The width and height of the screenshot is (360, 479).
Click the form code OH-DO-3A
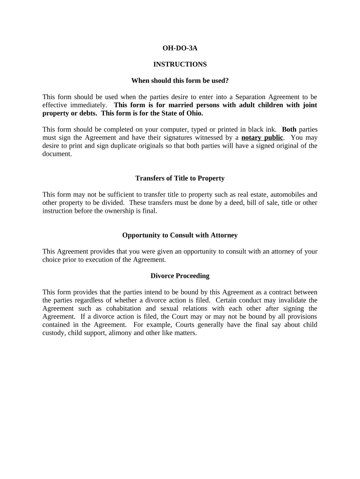click(x=180, y=48)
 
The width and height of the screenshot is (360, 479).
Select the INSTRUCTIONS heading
click(x=180, y=64)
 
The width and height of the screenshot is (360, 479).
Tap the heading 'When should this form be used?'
click(x=180, y=80)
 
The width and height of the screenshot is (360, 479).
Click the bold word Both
click(x=289, y=129)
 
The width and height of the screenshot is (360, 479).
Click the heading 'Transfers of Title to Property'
click(x=180, y=178)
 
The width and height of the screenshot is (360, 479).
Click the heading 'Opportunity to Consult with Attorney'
click(x=180, y=235)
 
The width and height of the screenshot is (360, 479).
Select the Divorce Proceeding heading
click(x=180, y=276)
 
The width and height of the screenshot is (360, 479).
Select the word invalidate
click(x=293, y=300)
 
